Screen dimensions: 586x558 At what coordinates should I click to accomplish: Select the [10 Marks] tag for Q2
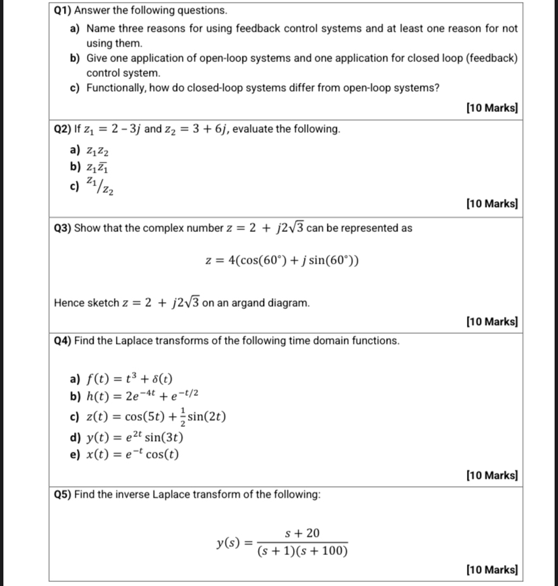pyautogui.click(x=491, y=203)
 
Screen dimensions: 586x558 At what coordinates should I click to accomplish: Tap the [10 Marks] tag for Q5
pyautogui.click(x=491, y=570)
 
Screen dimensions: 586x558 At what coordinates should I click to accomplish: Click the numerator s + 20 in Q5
pyautogui.click(x=303, y=533)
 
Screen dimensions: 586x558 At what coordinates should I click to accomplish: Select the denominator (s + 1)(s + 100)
pyautogui.click(x=303, y=552)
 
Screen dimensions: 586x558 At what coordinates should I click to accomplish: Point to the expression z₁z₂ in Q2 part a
pyautogui.click(x=98, y=150)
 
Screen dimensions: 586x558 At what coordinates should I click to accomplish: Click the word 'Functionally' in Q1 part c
pyautogui.click(x=117, y=88)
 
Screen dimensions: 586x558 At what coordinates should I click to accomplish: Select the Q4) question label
pyautogui.click(x=63, y=341)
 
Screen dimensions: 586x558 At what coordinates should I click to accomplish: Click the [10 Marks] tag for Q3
pyautogui.click(x=491, y=322)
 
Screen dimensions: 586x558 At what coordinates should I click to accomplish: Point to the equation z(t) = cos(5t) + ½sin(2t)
pyautogui.click(x=156, y=416)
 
